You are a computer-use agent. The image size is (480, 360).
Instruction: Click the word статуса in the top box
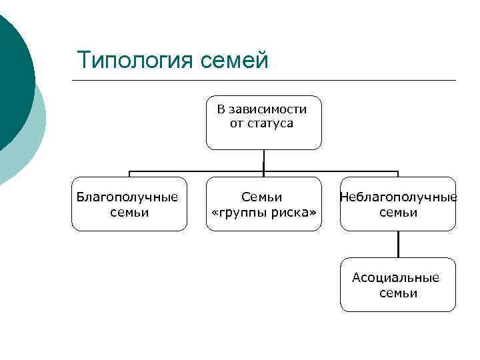(271, 124)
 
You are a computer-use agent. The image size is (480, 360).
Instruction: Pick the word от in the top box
(237, 124)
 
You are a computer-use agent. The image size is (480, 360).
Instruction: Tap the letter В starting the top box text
(221, 109)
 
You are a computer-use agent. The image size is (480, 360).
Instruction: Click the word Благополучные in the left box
(127, 197)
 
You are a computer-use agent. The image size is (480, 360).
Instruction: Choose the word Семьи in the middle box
(261, 197)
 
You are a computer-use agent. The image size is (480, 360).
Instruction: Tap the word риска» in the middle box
(292, 213)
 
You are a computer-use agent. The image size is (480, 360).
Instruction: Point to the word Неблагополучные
(398, 197)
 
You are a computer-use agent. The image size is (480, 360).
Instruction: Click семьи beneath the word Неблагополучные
(398, 213)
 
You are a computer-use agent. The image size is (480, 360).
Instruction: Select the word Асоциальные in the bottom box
(395, 278)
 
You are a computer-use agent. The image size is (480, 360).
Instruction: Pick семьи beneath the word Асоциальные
(398, 293)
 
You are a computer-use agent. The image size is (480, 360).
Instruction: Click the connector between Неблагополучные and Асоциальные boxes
(398, 244)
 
